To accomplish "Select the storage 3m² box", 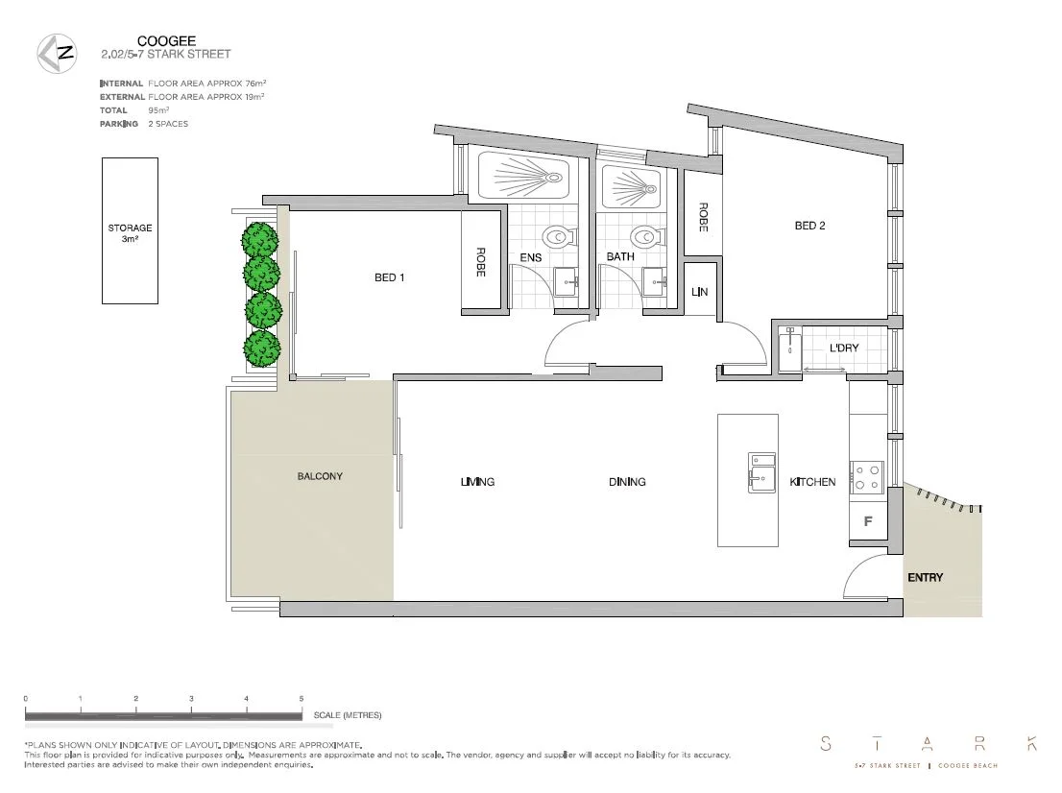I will [x=131, y=231].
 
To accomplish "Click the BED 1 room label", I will [x=390, y=278].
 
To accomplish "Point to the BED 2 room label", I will [x=809, y=227].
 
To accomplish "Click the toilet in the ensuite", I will [x=556, y=236].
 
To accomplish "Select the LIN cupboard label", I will [x=699, y=292].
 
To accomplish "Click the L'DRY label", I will [x=844, y=348].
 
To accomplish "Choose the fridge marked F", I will [x=868, y=522].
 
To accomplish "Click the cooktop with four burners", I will [x=868, y=477].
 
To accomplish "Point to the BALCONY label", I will [x=320, y=476].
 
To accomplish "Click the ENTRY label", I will [x=925, y=578].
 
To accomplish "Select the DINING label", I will [x=627, y=482].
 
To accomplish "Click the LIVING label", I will [x=477, y=482].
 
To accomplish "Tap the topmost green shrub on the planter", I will [x=260, y=239].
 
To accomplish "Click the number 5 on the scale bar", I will [x=302, y=699].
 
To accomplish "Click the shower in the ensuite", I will [x=522, y=178].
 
